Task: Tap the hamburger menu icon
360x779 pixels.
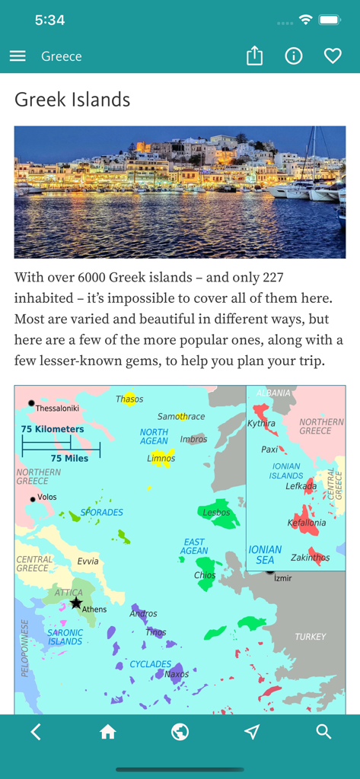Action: point(18,56)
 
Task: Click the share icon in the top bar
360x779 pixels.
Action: point(255,56)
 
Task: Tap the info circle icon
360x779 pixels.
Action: point(294,56)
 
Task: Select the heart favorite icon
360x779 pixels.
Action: point(333,56)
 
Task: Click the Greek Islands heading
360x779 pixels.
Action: point(72,100)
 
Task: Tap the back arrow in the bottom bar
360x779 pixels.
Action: point(36,732)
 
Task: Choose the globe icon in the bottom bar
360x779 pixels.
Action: point(180,732)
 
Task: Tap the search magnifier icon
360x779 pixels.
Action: point(323,732)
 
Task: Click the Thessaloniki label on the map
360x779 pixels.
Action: point(57,409)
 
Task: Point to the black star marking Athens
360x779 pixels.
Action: point(76,603)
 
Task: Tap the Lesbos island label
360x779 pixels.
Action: point(216,513)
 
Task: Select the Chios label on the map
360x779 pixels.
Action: point(205,575)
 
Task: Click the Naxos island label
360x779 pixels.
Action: point(177,674)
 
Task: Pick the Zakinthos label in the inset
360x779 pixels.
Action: point(310,557)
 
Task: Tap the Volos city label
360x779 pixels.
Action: point(47,498)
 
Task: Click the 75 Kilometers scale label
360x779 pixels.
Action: point(53,429)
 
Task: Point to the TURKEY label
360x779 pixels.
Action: point(311,637)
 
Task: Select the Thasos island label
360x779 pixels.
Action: point(129,399)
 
